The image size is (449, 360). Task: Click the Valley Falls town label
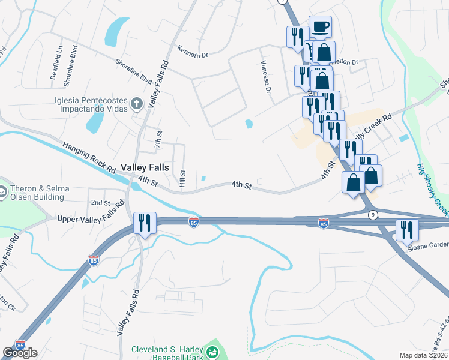click(x=145, y=167)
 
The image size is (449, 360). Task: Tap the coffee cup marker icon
click(x=320, y=26)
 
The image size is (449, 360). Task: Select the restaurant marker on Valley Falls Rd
click(x=145, y=223)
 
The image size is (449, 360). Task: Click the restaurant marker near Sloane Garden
click(x=406, y=230)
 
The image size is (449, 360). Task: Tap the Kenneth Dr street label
click(x=192, y=51)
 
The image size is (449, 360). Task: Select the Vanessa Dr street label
click(x=265, y=76)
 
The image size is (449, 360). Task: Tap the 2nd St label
click(x=100, y=203)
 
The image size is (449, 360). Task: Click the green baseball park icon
click(x=211, y=352)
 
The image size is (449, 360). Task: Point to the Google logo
click(x=20, y=352)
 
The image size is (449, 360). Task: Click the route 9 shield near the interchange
click(x=373, y=214)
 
